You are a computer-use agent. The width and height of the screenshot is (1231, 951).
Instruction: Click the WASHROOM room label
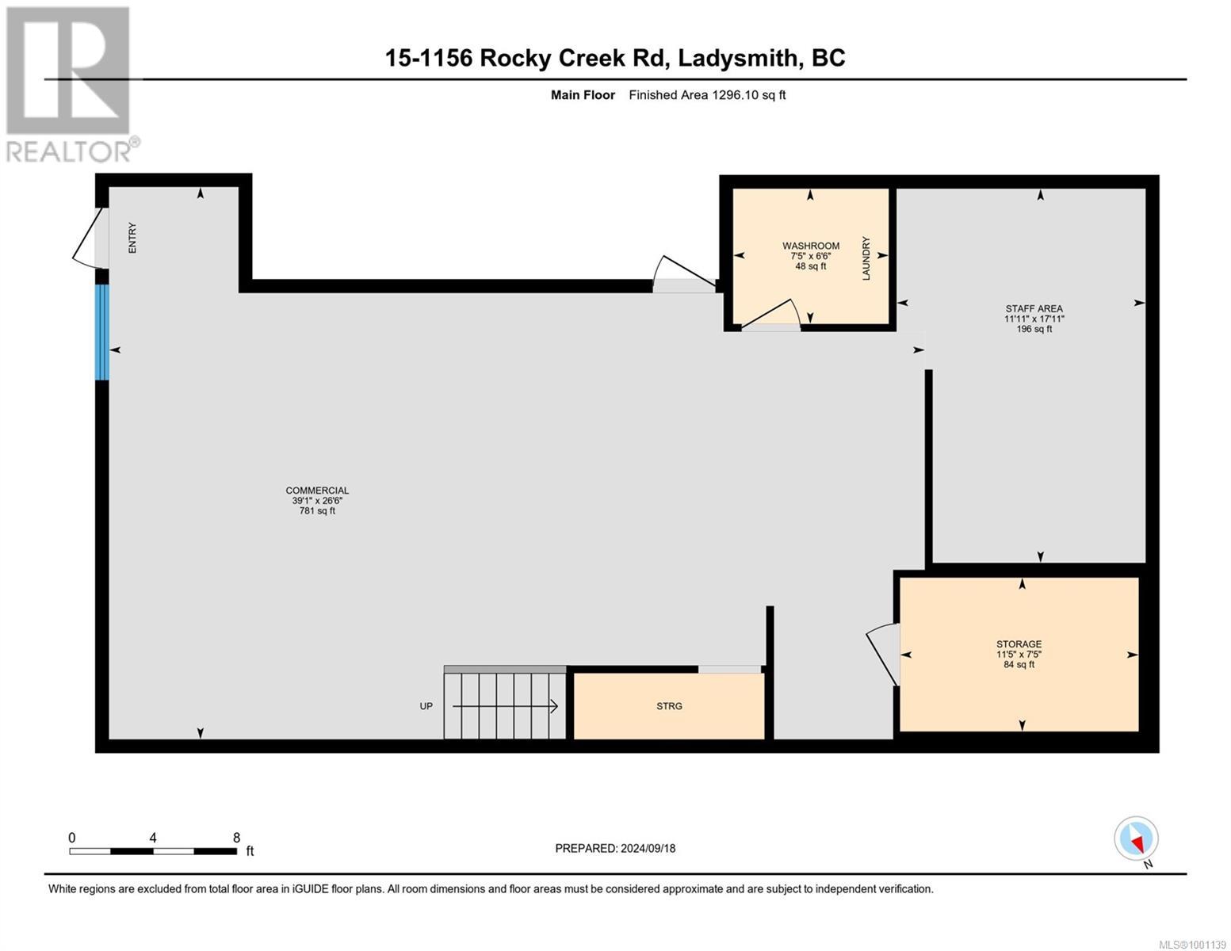coord(810,246)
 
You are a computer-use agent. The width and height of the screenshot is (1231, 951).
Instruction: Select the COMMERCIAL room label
coord(317,491)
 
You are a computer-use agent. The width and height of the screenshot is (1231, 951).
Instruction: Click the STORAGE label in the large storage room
coord(1019,644)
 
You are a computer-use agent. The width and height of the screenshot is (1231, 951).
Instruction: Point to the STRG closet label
coord(669,706)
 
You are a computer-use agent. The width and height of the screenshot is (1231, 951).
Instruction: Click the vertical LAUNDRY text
coord(866,258)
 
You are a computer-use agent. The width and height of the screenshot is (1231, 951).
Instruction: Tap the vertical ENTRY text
coord(132,238)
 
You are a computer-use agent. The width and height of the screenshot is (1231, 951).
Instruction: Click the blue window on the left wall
coord(101,332)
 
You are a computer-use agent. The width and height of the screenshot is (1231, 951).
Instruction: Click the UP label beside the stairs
coord(426,706)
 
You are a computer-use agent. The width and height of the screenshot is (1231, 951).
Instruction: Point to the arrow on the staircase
coord(507,706)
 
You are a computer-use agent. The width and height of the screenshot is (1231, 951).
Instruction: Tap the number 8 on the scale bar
coord(236,837)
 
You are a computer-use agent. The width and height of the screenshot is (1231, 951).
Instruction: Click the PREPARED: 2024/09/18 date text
coord(615,848)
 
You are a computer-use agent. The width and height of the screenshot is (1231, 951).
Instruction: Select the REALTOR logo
coord(70,83)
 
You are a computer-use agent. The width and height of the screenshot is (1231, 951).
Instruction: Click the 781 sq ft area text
coord(317,511)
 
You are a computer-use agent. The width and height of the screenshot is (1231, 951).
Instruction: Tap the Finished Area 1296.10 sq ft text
coord(707,95)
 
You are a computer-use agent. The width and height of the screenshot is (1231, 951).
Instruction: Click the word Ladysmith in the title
coord(740,58)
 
